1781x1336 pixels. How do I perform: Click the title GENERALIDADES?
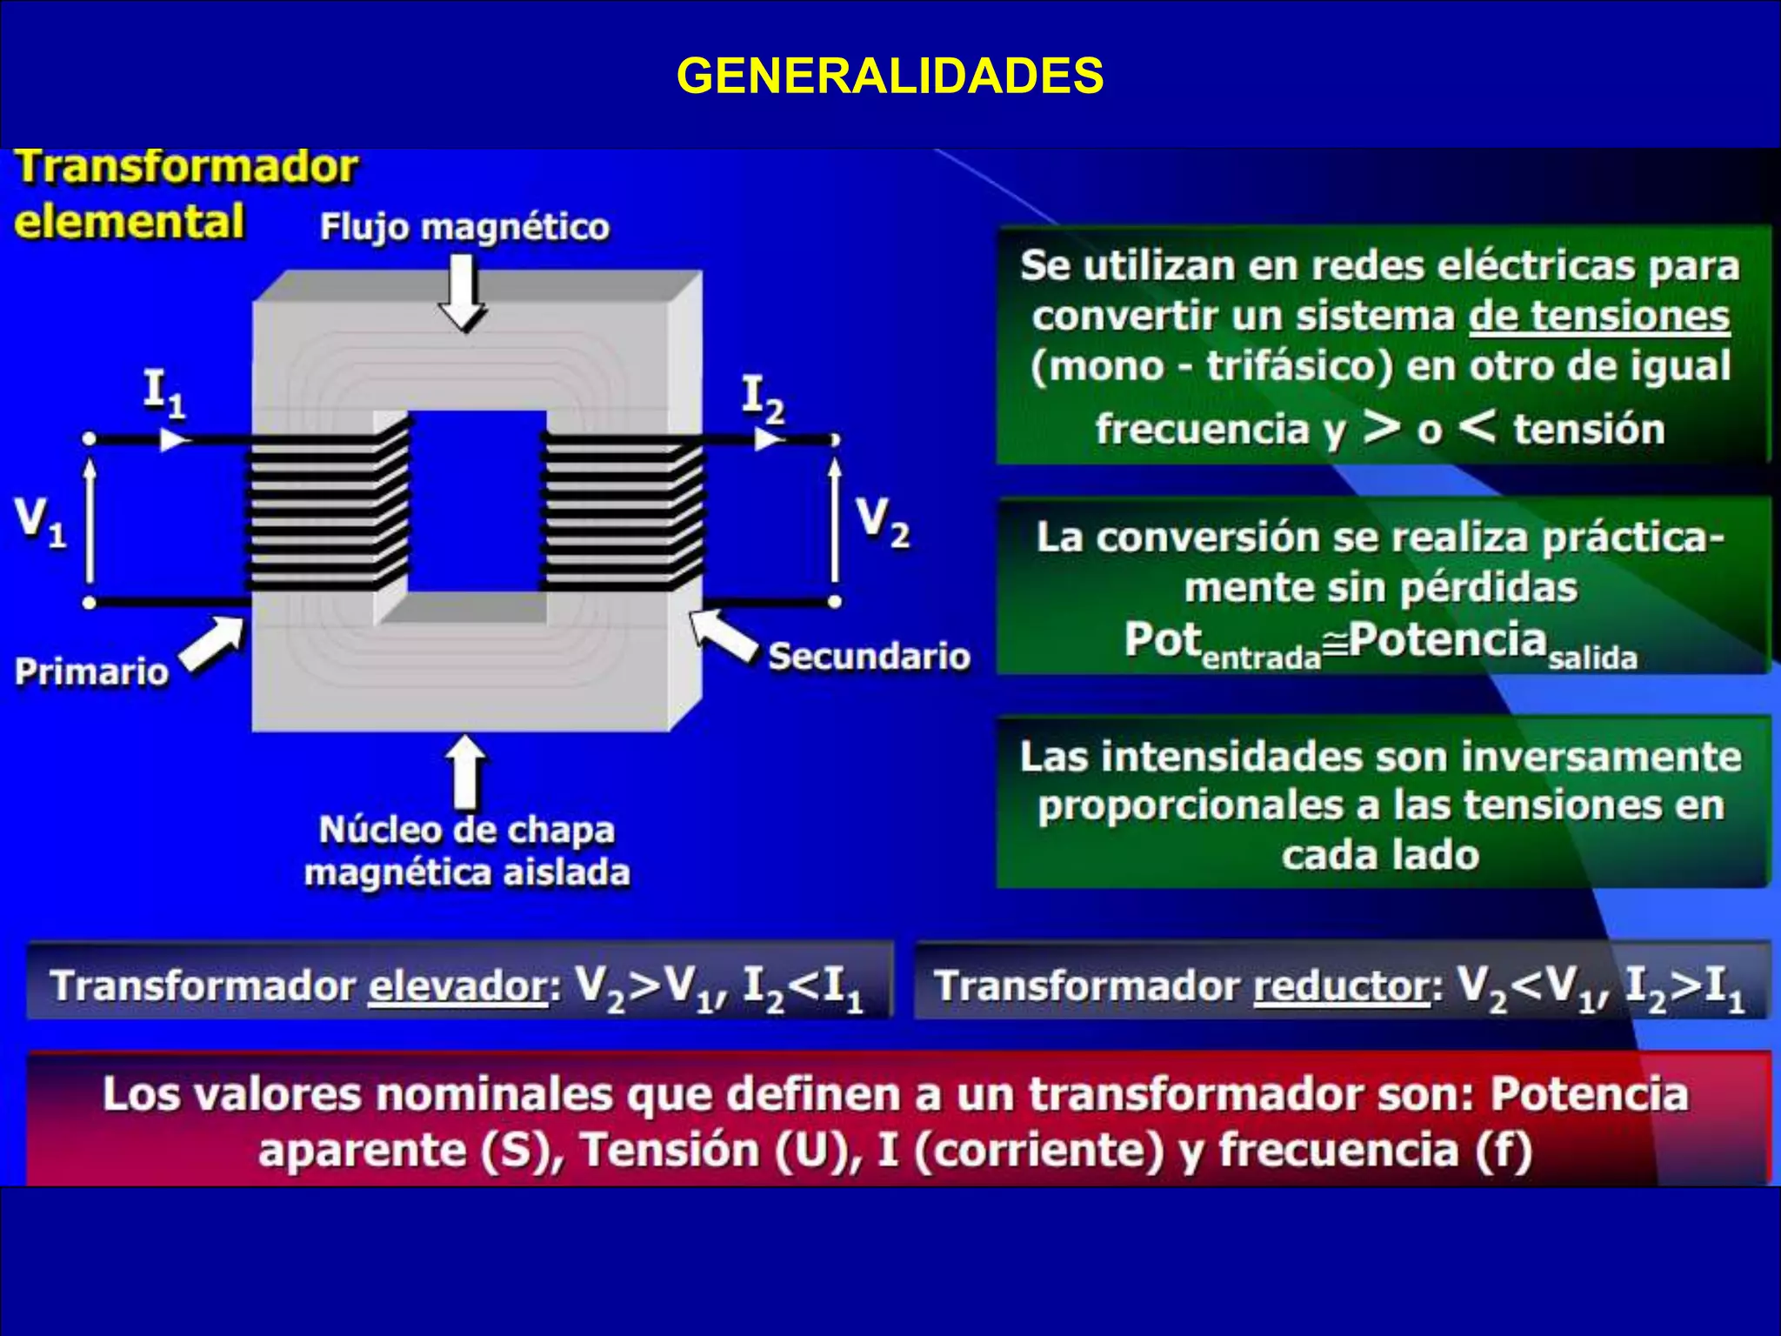point(890,76)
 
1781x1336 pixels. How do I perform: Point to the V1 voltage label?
point(40,523)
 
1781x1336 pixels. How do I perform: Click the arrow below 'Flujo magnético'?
point(463,291)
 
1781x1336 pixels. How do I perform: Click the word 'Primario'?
point(91,671)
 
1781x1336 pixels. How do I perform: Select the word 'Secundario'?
point(869,656)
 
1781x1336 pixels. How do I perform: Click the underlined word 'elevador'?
point(457,986)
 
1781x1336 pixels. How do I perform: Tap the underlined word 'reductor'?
point(1342,986)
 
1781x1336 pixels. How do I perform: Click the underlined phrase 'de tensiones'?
point(1598,316)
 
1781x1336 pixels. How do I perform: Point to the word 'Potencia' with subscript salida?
point(1447,640)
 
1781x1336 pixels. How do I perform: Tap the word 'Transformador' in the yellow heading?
point(187,167)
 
